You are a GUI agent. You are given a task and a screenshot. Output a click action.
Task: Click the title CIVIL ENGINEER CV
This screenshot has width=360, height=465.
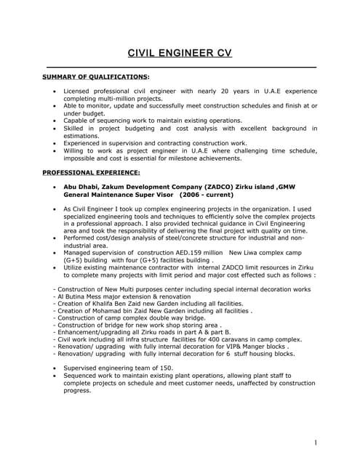[x=180, y=53]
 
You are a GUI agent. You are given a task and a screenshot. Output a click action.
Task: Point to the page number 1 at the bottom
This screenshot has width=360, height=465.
[x=316, y=442]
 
